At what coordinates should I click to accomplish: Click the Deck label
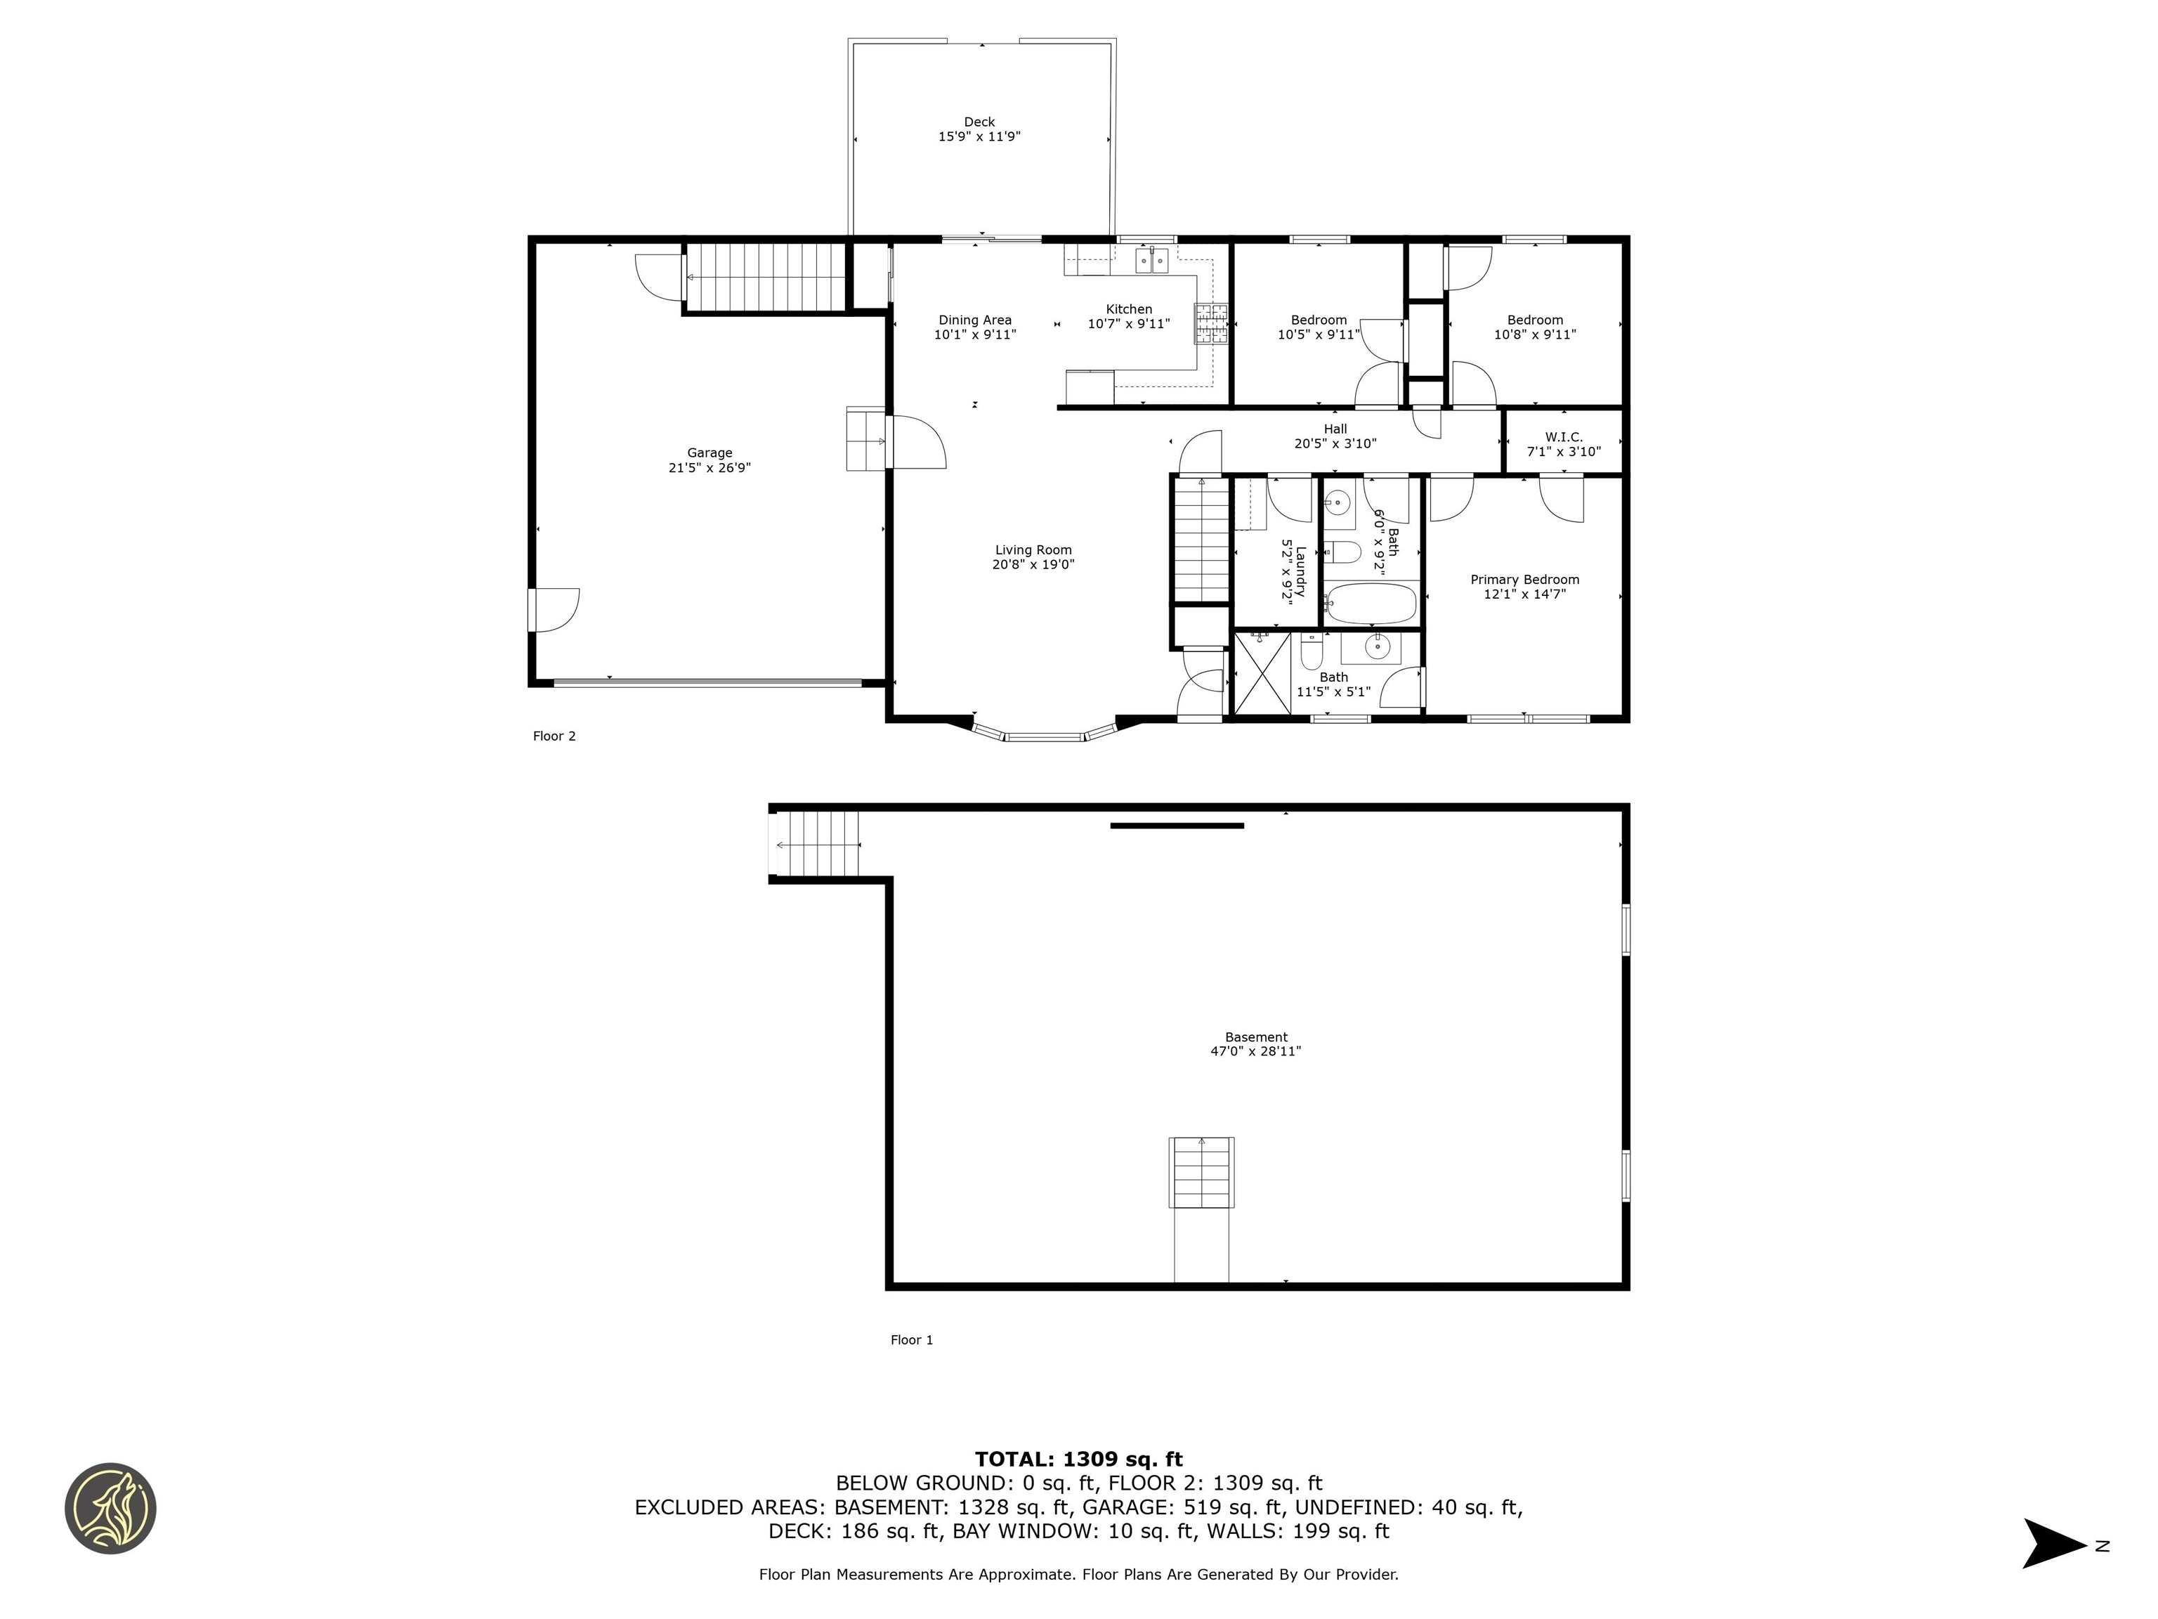click(979, 122)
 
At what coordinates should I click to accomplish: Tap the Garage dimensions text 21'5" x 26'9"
click(709, 467)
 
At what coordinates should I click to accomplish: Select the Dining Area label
click(974, 320)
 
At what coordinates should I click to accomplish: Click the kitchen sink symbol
click(1151, 261)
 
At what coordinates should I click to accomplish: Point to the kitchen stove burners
click(1210, 324)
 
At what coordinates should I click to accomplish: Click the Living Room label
click(1033, 550)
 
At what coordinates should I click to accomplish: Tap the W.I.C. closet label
click(1563, 437)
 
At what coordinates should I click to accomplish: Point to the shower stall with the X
click(1262, 672)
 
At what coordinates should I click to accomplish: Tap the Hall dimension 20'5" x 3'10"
click(1335, 443)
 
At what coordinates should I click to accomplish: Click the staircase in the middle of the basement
click(1202, 1172)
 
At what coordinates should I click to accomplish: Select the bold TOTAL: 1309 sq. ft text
click(1078, 1459)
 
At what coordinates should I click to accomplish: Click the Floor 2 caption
click(554, 736)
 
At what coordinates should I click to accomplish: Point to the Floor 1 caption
click(911, 1340)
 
